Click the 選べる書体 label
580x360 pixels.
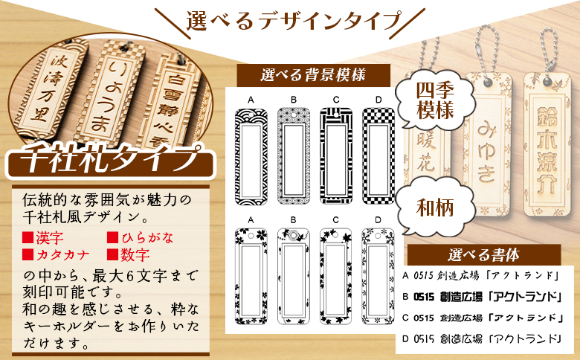[x=483, y=254]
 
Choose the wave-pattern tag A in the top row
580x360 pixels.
[x=251, y=152]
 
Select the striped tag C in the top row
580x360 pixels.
[x=335, y=152]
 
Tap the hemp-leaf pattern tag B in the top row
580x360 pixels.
[x=294, y=152]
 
